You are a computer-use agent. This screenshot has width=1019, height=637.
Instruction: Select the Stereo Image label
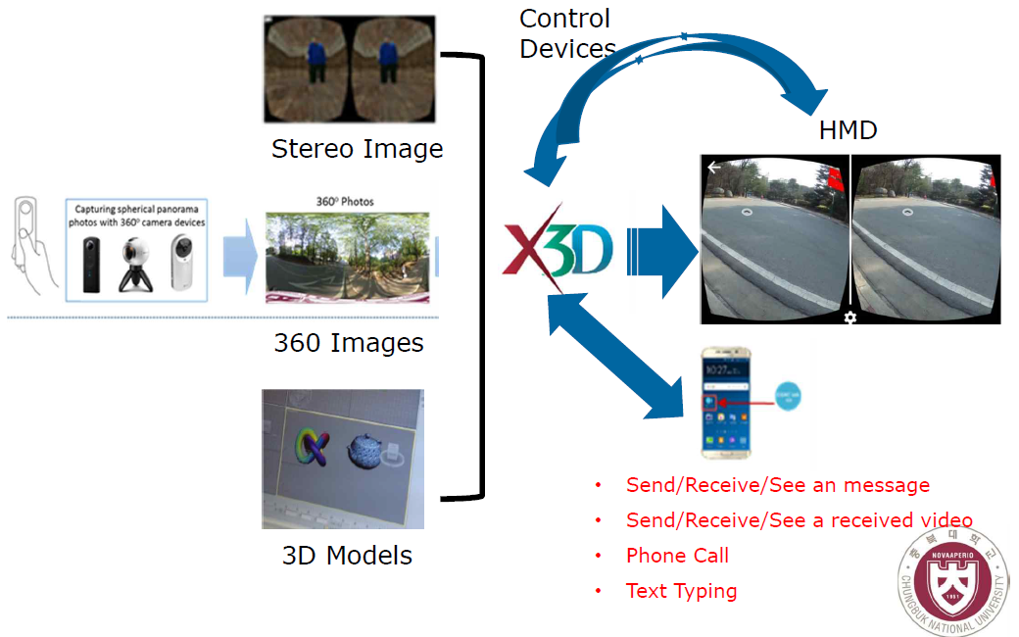(x=357, y=149)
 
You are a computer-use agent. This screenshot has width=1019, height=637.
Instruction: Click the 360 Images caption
(x=349, y=343)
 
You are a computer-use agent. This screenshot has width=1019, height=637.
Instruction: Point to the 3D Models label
(x=347, y=556)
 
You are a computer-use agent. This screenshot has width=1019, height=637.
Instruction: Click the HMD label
(x=848, y=130)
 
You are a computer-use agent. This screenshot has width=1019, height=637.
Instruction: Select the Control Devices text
(x=566, y=33)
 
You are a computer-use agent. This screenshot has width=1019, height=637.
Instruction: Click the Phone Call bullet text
(x=677, y=556)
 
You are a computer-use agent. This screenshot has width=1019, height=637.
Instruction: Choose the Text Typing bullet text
(x=681, y=591)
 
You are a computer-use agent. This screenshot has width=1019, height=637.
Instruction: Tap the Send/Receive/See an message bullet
(x=777, y=485)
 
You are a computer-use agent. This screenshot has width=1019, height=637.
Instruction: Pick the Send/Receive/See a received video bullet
(x=799, y=520)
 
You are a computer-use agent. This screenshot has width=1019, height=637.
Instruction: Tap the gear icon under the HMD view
(x=849, y=318)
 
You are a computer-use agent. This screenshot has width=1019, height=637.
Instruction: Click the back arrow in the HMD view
(x=714, y=168)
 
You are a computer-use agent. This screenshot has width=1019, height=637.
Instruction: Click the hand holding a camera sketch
(x=29, y=245)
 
